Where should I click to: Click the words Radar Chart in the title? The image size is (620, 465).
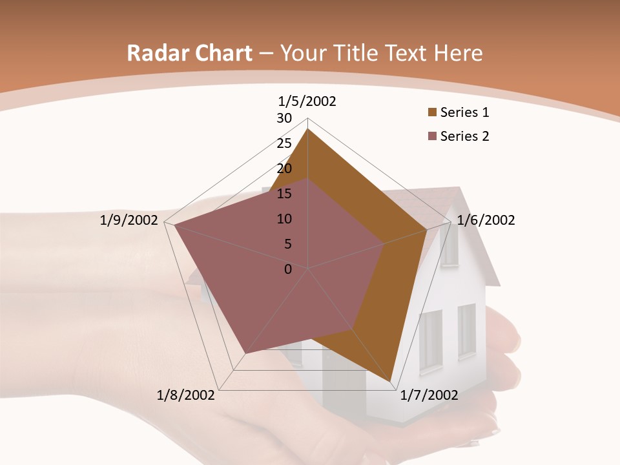click(189, 54)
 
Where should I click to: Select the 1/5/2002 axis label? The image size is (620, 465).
click(307, 101)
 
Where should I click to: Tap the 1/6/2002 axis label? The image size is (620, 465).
click(486, 220)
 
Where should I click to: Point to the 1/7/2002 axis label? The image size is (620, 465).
click(429, 395)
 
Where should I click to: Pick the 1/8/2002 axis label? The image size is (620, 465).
click(185, 395)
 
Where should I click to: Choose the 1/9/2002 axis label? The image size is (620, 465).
click(129, 220)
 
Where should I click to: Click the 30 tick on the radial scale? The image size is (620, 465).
click(284, 118)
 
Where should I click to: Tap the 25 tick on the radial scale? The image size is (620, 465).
click(284, 143)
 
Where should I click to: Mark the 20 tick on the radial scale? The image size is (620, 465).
click(284, 169)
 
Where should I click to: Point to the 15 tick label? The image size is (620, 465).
click(284, 194)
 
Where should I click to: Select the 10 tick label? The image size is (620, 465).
click(284, 219)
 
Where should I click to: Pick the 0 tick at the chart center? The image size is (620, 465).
click(288, 269)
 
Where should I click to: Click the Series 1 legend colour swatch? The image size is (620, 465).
click(432, 112)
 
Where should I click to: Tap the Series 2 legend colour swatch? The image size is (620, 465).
click(432, 136)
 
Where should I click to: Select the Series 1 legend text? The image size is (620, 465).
click(464, 112)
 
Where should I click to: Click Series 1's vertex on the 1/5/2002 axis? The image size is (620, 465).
click(308, 129)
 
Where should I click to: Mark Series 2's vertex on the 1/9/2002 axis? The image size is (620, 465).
click(174, 225)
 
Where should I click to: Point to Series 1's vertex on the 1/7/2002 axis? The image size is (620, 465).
click(391, 382)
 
